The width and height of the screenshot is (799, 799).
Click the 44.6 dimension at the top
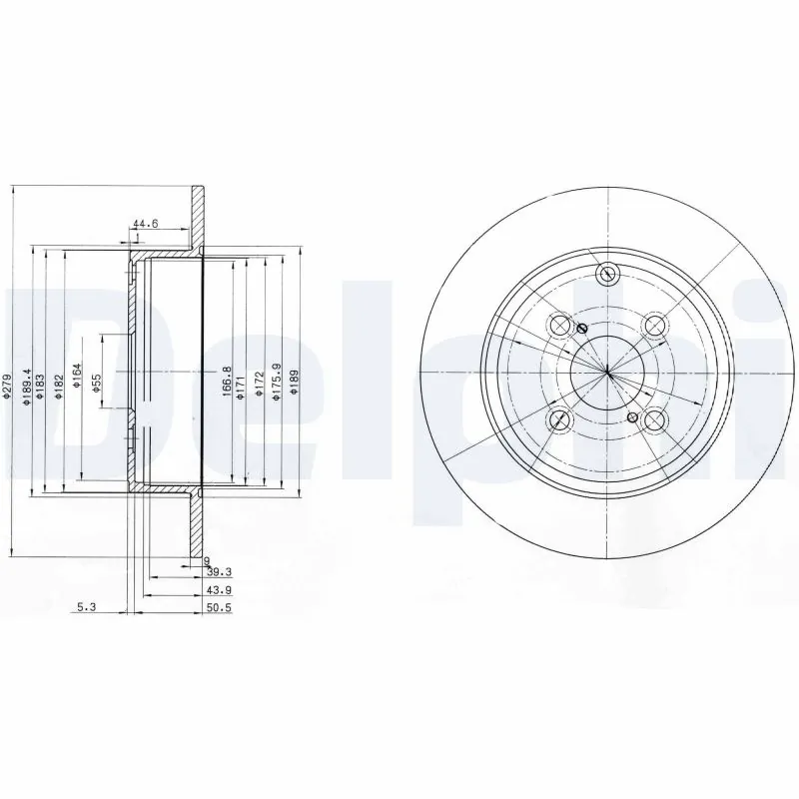point(145,224)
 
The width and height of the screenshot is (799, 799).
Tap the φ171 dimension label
point(241,382)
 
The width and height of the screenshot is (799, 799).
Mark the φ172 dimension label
point(258,382)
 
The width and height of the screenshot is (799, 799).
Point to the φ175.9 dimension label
point(275,382)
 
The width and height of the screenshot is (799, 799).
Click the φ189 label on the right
point(294,382)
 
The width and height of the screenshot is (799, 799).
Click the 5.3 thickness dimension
point(87,605)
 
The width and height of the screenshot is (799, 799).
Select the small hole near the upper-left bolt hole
point(583,330)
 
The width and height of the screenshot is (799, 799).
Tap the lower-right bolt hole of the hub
point(654,420)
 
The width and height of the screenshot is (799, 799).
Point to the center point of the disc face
point(607,372)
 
